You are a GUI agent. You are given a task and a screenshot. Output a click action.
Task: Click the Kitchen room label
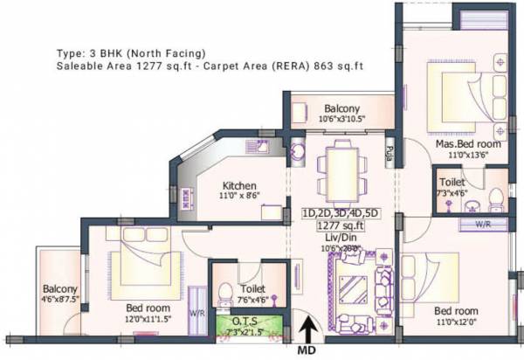238,186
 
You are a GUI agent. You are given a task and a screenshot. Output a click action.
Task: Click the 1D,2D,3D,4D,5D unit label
340,212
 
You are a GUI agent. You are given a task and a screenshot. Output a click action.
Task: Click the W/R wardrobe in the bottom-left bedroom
196,312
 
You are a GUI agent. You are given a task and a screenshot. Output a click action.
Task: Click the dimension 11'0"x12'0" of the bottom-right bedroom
454,322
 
